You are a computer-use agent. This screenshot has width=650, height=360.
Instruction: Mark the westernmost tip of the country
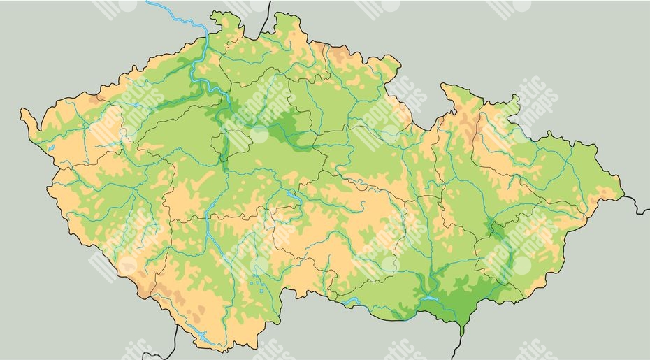click(x=22, y=113)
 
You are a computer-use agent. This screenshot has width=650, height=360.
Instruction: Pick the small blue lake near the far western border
click(x=52, y=147)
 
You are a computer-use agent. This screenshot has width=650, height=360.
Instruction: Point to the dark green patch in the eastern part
click(x=498, y=230)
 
